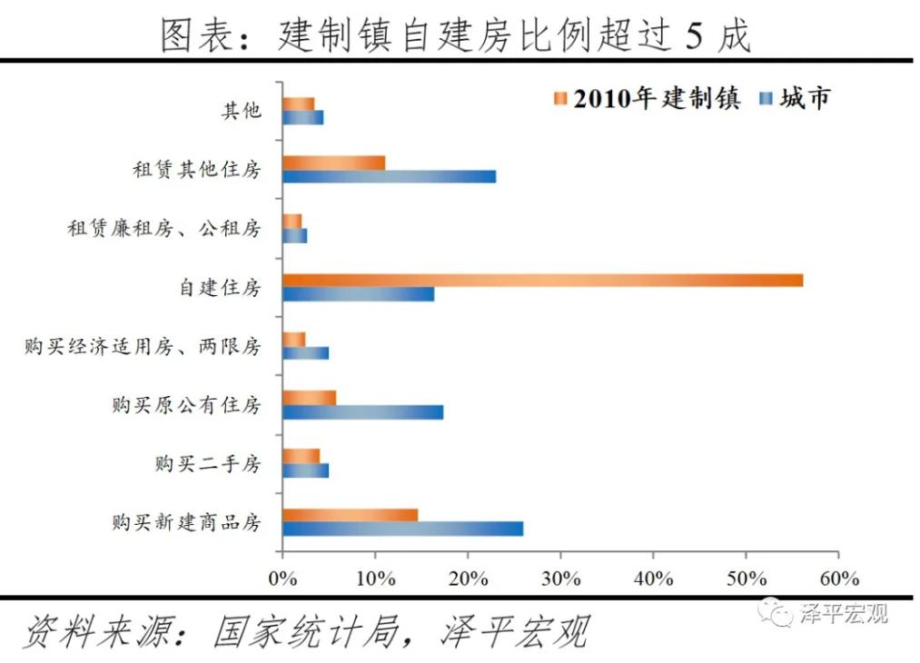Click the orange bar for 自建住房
click(542, 280)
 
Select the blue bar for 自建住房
click(358, 294)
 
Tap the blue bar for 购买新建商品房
click(402, 529)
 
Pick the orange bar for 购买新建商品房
click(350, 515)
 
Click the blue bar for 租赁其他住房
click(389, 176)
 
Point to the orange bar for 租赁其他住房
click(333, 163)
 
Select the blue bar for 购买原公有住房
click(362, 411)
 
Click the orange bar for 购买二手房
click(301, 456)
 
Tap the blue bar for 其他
click(302, 117)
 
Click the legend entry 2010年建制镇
click(647, 98)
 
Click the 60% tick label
click(838, 579)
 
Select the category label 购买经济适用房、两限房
click(143, 346)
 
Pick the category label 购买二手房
click(207, 464)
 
